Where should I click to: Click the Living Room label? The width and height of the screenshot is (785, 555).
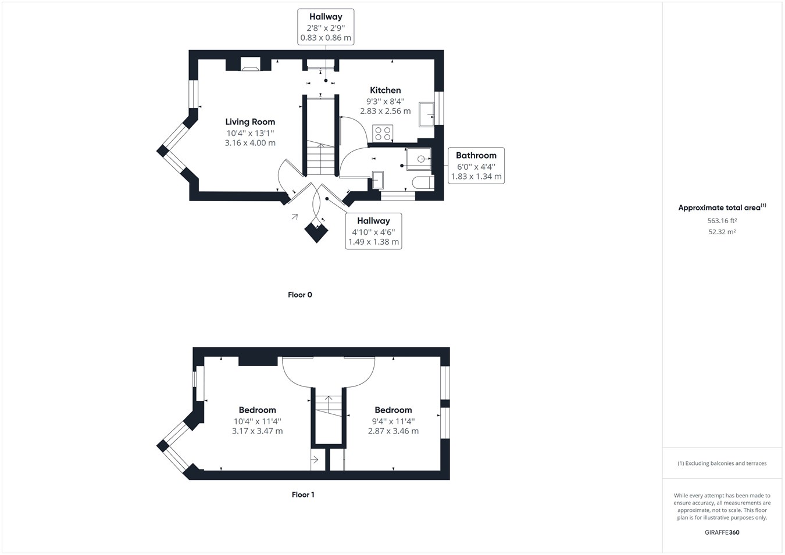250,121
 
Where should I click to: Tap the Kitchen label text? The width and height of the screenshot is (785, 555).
386,90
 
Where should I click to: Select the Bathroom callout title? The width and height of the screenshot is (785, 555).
476,155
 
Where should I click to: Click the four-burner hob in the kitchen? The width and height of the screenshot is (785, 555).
383,134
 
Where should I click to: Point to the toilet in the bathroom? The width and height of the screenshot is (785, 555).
423,182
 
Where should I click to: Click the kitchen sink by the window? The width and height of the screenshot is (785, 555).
426,114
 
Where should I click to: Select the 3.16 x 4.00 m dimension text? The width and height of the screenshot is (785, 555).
250,143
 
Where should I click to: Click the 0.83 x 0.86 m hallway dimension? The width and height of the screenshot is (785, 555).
326,38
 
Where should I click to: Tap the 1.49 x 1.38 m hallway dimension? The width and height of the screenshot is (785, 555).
373,242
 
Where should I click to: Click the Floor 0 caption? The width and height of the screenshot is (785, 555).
300,295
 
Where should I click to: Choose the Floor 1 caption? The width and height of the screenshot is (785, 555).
303,495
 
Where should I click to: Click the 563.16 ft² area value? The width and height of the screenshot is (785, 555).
722,221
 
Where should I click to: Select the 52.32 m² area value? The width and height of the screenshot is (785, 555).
722,232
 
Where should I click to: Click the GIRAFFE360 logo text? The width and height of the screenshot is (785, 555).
722,532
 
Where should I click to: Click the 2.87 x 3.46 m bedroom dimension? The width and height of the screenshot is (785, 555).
393,431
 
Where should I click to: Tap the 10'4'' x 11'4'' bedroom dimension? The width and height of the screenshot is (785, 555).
257,421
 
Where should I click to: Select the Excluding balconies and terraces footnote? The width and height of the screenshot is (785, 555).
722,463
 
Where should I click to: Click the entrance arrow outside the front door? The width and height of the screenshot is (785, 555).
295,217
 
